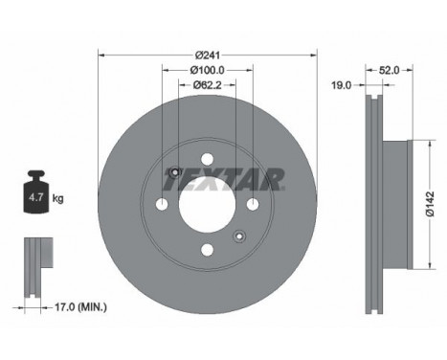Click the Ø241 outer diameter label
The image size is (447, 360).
pyautogui.click(x=208, y=54)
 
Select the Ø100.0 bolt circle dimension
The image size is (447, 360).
pyautogui.click(x=207, y=69)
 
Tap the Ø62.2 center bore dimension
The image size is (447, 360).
pyautogui.click(x=207, y=84)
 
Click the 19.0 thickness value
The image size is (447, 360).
pyautogui.click(x=343, y=84)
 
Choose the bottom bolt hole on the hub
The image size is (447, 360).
pyautogui.click(x=207, y=251)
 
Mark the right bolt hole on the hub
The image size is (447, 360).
pyautogui.click(x=252, y=206)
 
